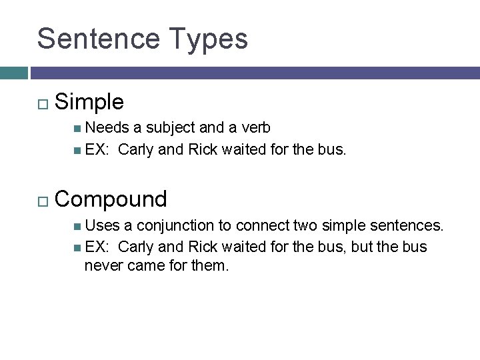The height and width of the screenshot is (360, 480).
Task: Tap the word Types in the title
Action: click(208, 39)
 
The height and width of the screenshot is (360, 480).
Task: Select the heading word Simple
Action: click(89, 102)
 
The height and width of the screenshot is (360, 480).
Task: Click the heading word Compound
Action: click(111, 199)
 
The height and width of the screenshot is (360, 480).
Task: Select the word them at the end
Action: click(210, 266)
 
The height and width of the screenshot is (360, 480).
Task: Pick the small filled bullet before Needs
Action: click(79, 128)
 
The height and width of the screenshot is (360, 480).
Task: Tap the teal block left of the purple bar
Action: click(13, 73)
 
